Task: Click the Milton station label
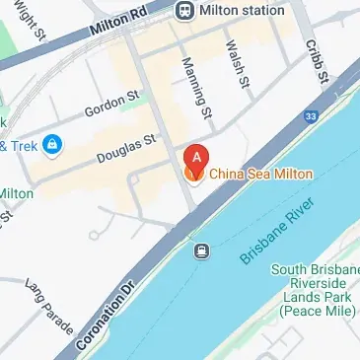[x=242, y=10]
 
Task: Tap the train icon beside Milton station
[x=184, y=10]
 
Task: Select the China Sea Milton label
[x=260, y=175]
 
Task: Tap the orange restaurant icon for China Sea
[x=193, y=175]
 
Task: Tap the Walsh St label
[x=236, y=65]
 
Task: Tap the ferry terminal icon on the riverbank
[x=200, y=251]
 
